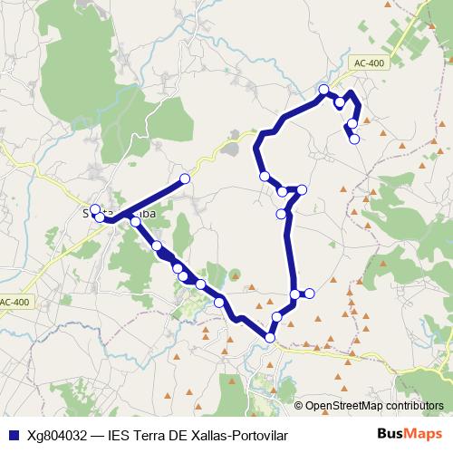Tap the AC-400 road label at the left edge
point(14,302)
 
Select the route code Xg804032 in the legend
point(62,436)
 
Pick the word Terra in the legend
point(151,436)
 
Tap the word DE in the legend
point(182,436)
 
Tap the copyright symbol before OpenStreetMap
point(299,406)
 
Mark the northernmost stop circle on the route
point(323,89)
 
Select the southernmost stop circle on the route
point(270,338)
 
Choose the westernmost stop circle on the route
point(94,209)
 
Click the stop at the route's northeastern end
point(354,139)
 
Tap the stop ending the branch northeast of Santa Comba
point(185,178)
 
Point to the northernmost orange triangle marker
point(388,5)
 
